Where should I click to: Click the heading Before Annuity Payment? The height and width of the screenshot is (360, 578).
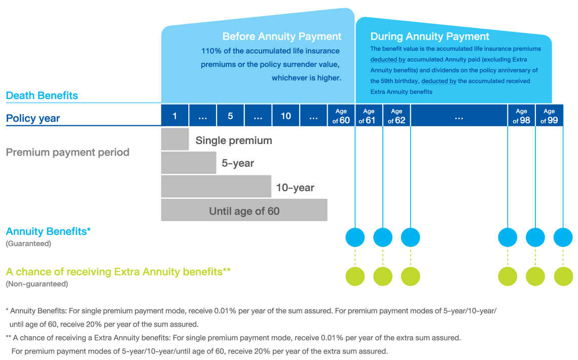pyautogui.click(x=282, y=37)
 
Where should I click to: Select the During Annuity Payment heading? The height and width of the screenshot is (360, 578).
pyautogui.click(x=429, y=37)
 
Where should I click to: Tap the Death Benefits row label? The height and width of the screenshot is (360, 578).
pyautogui.click(x=42, y=95)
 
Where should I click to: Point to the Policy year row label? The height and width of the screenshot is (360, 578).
pyautogui.click(x=33, y=119)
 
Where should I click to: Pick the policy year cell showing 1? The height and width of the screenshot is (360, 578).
pyautogui.click(x=174, y=116)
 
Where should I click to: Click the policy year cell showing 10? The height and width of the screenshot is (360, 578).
pyautogui.click(x=286, y=116)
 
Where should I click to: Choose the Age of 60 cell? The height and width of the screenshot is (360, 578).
pyautogui.click(x=341, y=116)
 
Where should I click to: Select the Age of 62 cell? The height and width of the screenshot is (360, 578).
pyautogui.click(x=396, y=116)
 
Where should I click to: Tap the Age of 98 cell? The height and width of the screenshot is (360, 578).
pyautogui.click(x=521, y=116)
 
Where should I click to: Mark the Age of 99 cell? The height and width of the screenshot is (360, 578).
pyautogui.click(x=549, y=116)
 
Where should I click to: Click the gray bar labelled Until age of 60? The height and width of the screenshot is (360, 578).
pyautogui.click(x=244, y=210)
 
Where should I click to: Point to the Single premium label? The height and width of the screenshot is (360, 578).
pyautogui.click(x=234, y=140)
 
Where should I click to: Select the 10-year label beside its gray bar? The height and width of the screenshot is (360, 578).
pyautogui.click(x=295, y=188)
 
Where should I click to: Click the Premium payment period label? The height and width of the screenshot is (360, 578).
pyautogui.click(x=67, y=153)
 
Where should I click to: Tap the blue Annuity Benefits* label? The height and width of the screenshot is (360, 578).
pyautogui.click(x=48, y=232)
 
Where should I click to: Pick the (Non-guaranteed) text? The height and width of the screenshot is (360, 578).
pyautogui.click(x=37, y=284)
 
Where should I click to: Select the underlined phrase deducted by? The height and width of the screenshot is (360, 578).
pyautogui.click(x=388, y=59)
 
